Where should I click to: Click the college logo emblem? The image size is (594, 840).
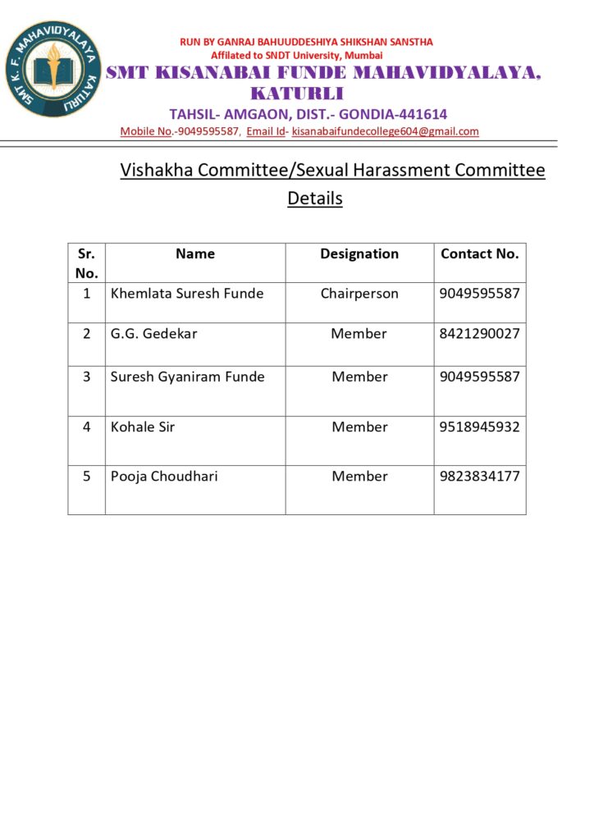click(x=53, y=69)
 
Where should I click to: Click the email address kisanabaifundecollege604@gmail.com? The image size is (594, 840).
click(x=385, y=131)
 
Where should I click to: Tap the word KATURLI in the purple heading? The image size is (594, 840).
click(x=297, y=94)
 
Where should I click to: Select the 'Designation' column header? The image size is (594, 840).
click(x=359, y=254)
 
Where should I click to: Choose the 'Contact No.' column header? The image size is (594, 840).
click(x=480, y=254)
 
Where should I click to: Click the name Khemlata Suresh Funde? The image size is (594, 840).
click(x=187, y=294)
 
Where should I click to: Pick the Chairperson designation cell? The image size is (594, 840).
click(x=359, y=294)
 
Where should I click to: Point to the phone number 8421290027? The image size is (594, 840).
click(x=480, y=334)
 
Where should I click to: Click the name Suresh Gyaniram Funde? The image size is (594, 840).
click(x=188, y=377)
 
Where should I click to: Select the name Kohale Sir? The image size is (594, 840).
click(x=143, y=427)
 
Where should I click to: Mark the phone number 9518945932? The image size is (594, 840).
click(x=480, y=427)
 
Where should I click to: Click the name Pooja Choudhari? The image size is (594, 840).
click(x=164, y=477)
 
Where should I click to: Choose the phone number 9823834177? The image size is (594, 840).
click(x=480, y=477)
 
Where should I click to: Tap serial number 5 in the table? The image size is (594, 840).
click(x=87, y=477)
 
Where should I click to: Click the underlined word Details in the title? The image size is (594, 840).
click(x=315, y=199)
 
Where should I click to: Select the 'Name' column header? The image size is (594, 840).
click(x=195, y=254)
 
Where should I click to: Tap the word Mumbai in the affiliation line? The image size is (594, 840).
click(x=363, y=55)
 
